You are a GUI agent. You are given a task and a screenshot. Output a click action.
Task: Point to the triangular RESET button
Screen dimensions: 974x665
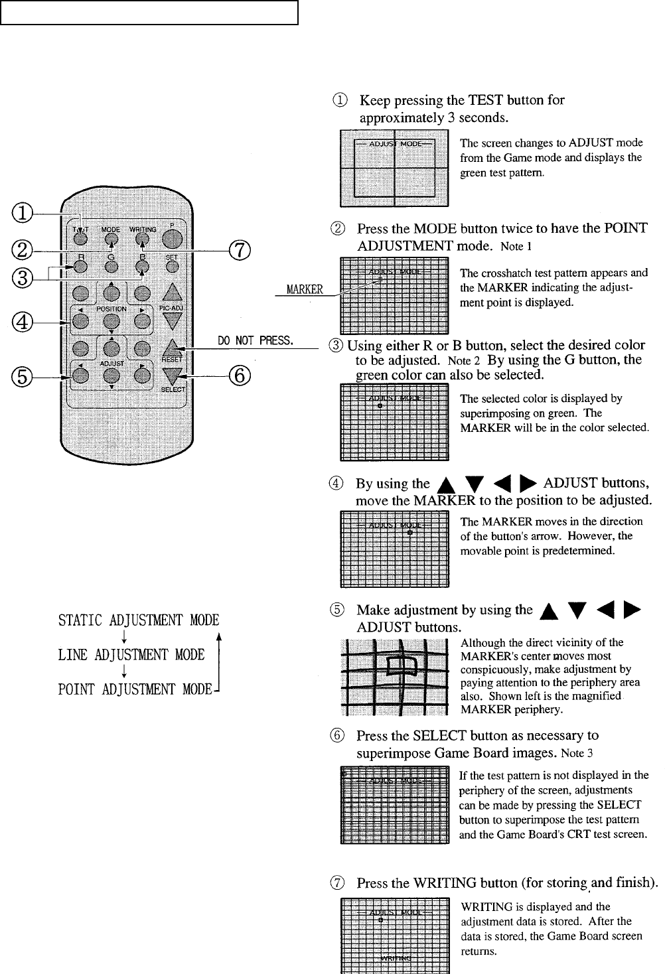[x=172, y=348]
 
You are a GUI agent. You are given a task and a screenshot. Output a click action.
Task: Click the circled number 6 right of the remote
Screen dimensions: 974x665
[x=240, y=376]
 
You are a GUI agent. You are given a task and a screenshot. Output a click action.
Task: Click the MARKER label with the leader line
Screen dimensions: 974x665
[x=305, y=289]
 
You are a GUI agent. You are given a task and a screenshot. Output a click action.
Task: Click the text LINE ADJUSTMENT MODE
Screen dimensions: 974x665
[x=131, y=655]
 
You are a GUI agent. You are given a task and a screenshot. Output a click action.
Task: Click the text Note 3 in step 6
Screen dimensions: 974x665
[x=577, y=753]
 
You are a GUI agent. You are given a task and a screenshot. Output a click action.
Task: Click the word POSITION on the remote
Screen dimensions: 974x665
[x=111, y=309]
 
